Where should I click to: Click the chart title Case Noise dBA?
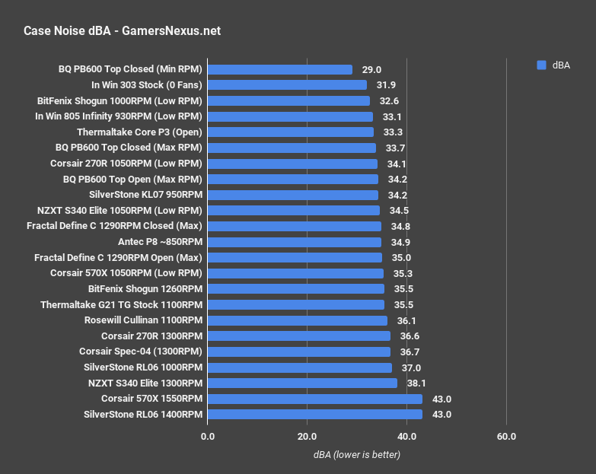click(x=123, y=31)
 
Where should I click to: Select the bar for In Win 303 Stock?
click(x=287, y=85)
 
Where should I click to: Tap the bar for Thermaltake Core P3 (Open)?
click(x=290, y=132)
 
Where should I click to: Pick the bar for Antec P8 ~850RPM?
click(x=294, y=242)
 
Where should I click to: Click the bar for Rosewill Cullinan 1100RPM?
click(x=297, y=320)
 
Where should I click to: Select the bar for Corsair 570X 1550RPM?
click(x=314, y=399)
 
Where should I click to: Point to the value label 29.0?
click(x=371, y=69)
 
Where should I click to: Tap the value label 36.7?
click(x=410, y=352)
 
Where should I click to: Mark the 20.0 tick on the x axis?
click(x=307, y=437)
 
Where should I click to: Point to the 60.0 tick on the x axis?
click(x=506, y=437)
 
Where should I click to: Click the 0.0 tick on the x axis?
click(x=207, y=437)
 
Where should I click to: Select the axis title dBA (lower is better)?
click(x=356, y=454)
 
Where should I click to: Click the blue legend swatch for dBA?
click(x=541, y=65)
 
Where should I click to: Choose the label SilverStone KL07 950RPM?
click(x=145, y=195)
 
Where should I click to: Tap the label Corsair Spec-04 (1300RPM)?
click(x=141, y=352)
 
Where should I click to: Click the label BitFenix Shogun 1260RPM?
click(x=145, y=289)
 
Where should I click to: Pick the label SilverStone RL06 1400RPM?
click(x=143, y=415)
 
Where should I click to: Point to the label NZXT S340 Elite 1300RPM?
click(x=145, y=383)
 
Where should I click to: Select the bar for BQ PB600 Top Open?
click(x=292, y=180)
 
